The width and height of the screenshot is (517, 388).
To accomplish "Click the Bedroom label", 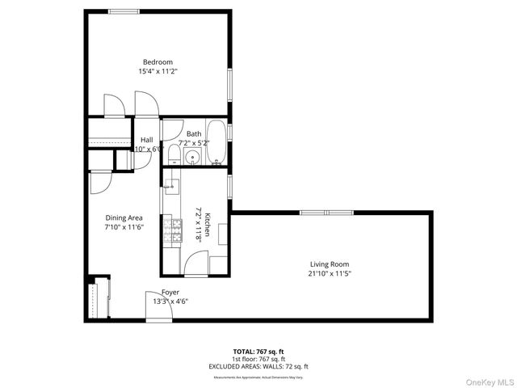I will (x=158, y=62).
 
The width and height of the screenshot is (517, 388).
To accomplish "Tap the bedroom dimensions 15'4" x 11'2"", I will (x=158, y=72).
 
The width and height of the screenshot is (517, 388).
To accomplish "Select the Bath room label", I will (x=194, y=134).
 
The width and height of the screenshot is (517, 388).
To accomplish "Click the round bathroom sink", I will (x=192, y=157).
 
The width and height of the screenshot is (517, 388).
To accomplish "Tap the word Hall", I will (x=146, y=140).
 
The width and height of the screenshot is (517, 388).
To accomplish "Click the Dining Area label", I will (x=124, y=217).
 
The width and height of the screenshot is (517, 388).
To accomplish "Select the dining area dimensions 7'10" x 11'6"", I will (x=124, y=227).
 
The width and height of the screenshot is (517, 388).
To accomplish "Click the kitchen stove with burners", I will (x=172, y=231).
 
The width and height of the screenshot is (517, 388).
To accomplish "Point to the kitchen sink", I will (x=170, y=188).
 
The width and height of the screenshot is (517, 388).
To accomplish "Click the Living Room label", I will (x=330, y=264).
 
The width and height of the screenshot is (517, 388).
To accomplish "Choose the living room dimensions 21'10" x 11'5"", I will (x=330, y=273).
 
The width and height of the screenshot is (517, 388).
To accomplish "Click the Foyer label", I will (x=170, y=293).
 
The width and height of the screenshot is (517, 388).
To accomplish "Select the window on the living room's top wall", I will (x=326, y=212).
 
